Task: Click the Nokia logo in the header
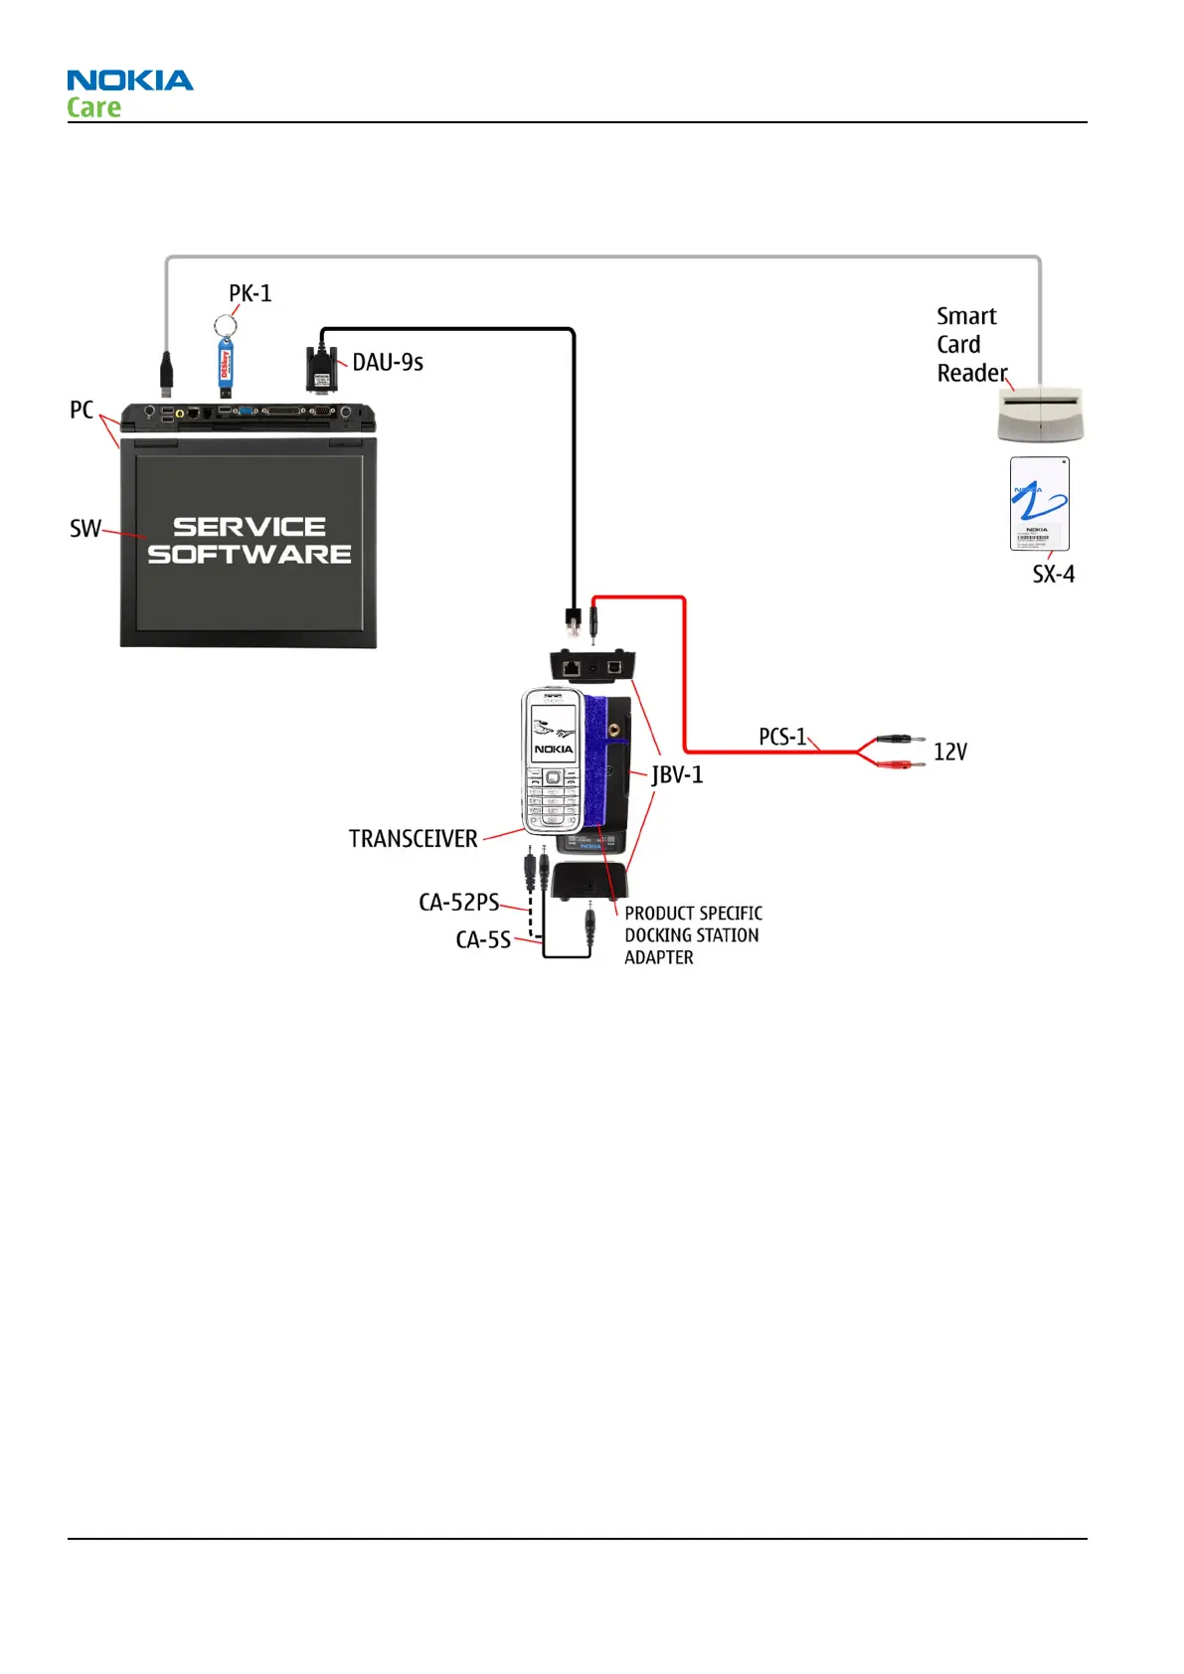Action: (x=130, y=81)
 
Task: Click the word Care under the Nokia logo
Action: (x=94, y=107)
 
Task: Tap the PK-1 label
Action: (x=250, y=293)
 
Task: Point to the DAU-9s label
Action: (x=388, y=363)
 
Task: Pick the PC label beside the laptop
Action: (x=82, y=410)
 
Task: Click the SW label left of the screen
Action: (x=85, y=529)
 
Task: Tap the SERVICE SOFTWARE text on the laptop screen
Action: (x=250, y=541)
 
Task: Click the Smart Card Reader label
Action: (x=969, y=344)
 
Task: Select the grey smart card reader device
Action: (x=1040, y=416)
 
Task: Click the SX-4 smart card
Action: (x=1039, y=503)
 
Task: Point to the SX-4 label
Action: (x=1053, y=575)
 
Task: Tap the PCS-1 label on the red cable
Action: (x=782, y=737)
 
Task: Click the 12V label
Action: (x=949, y=752)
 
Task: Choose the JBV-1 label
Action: (x=677, y=774)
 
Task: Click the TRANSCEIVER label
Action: (x=413, y=839)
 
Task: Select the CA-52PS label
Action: (x=458, y=903)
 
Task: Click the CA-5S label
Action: (x=483, y=939)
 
